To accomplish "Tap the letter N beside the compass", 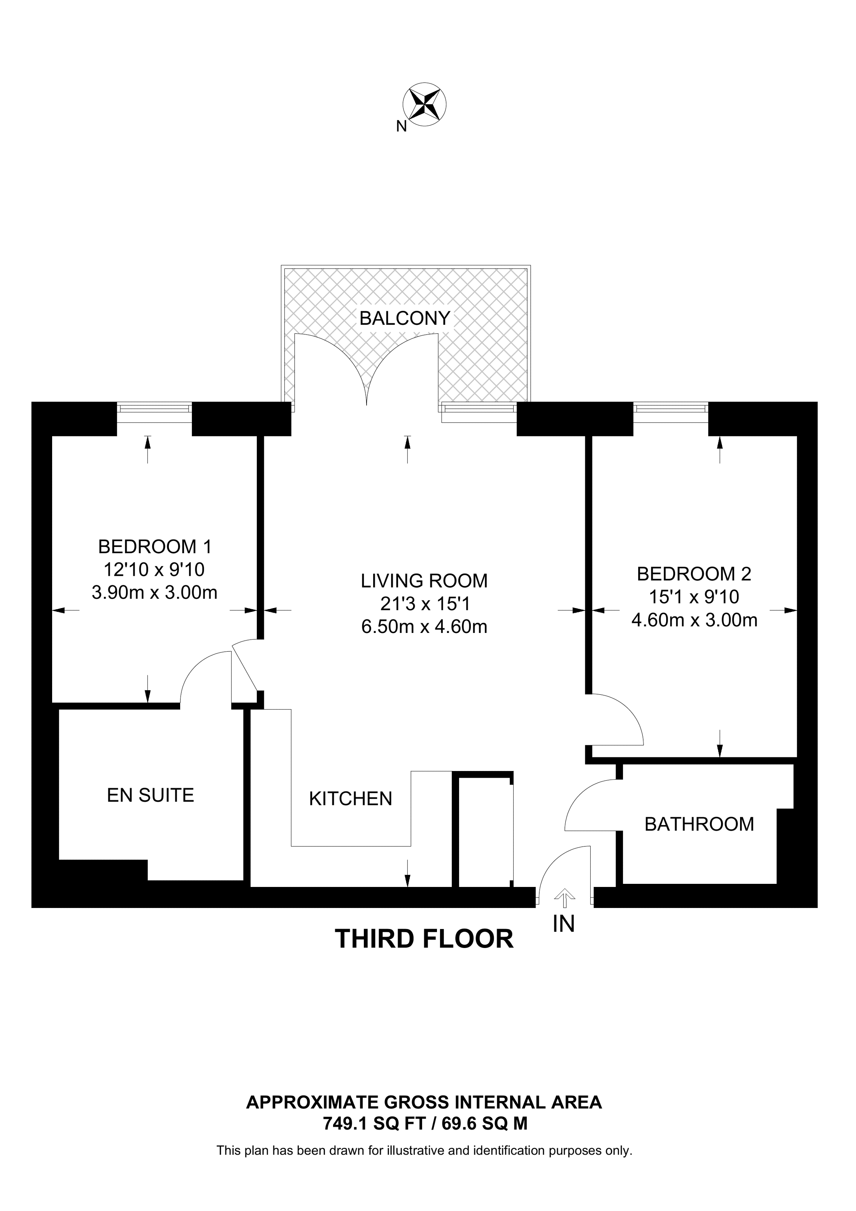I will tap(402, 126).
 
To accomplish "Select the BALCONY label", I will tap(405, 319).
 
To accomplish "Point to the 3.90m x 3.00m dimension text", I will tap(154, 593).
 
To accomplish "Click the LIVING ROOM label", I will tap(424, 581).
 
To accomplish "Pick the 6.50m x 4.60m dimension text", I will tap(424, 627).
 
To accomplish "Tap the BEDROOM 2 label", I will tap(694, 574).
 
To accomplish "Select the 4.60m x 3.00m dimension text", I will tap(694, 620).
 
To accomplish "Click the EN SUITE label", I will tap(150, 796).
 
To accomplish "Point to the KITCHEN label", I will tap(350, 799).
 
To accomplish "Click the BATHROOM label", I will tap(699, 824).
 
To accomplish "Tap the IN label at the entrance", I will tap(563, 924).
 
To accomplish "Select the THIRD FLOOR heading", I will tap(424, 939).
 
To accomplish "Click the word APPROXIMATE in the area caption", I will tap(313, 1102).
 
